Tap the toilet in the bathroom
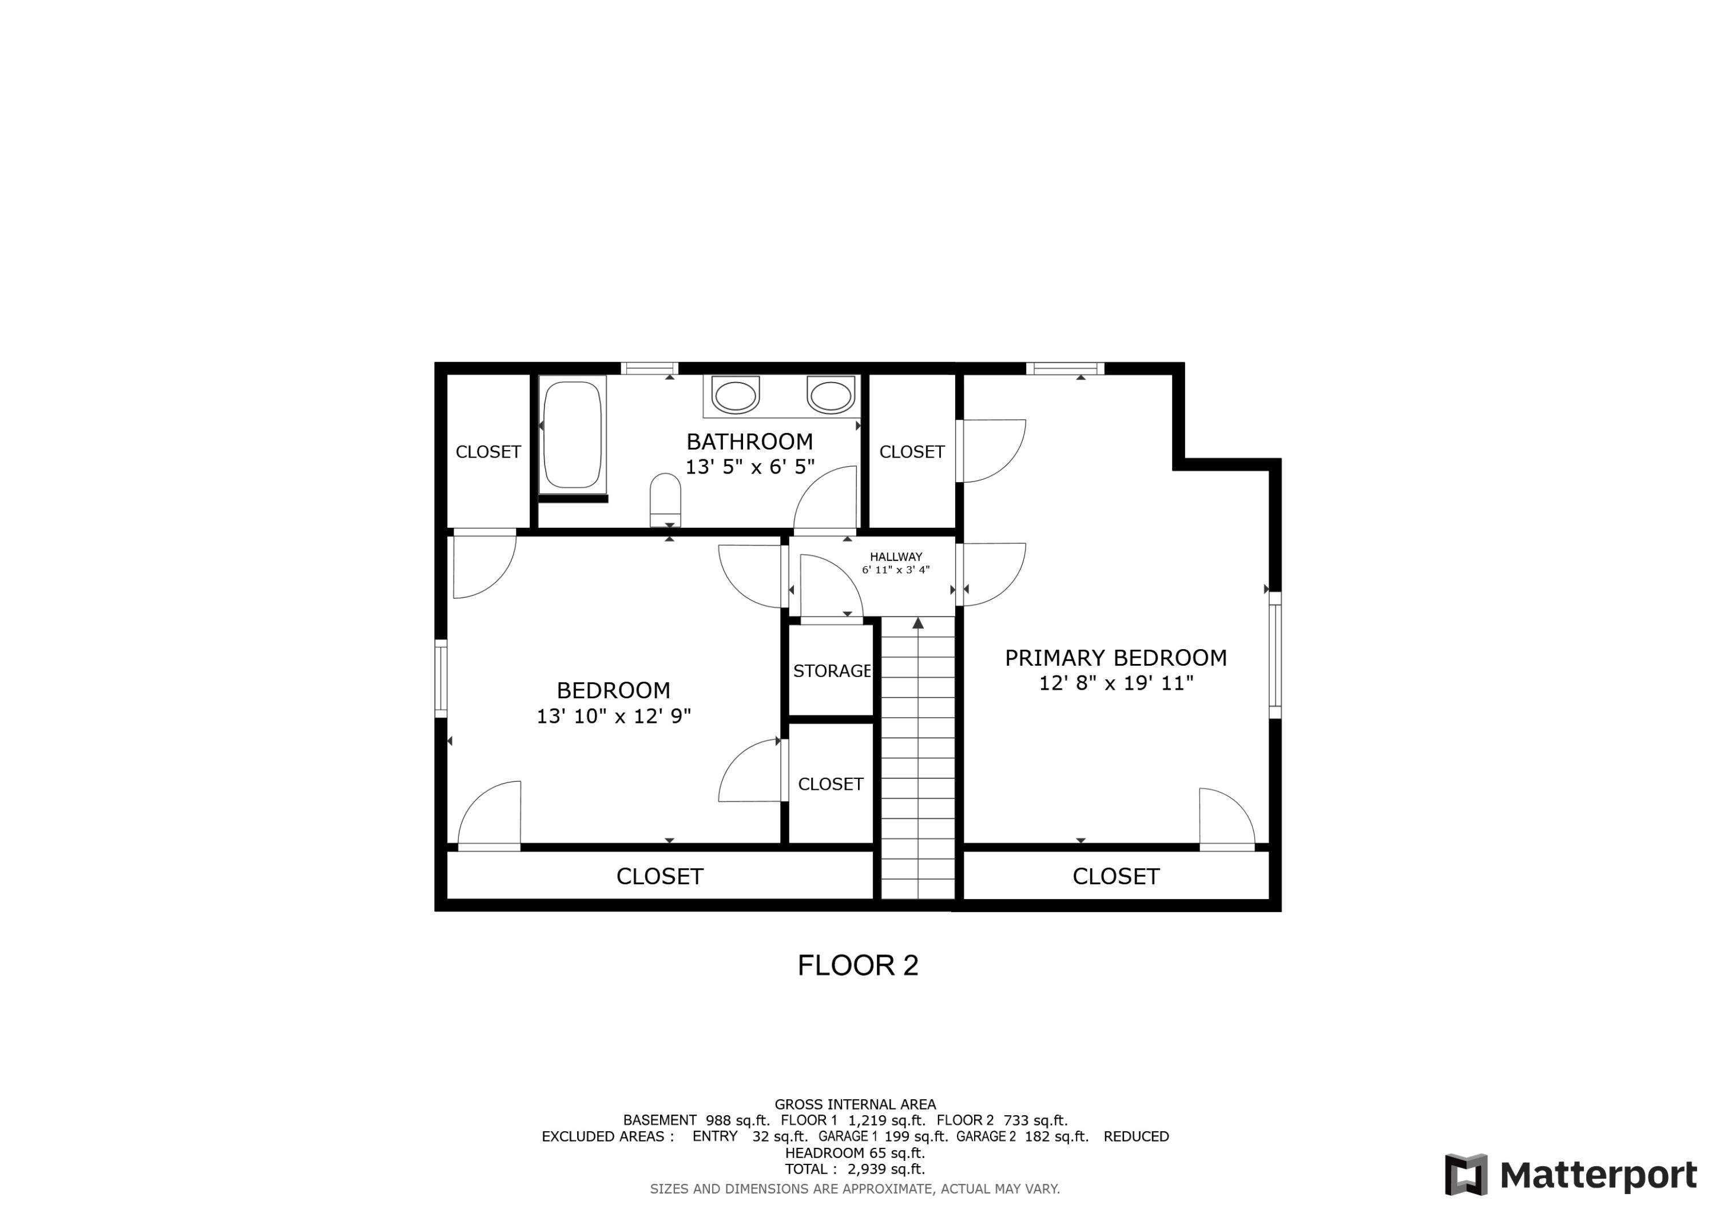click(x=665, y=500)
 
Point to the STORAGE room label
click(x=831, y=671)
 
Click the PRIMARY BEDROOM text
click(x=1115, y=658)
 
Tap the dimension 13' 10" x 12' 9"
click(x=614, y=716)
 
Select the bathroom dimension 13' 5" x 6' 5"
click(x=750, y=467)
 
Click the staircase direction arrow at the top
click(x=918, y=623)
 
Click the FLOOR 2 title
click(x=857, y=965)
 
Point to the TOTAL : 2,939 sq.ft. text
click(x=854, y=1169)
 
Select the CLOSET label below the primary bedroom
click(x=1115, y=877)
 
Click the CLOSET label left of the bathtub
click(x=488, y=452)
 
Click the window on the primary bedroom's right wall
click(x=1275, y=655)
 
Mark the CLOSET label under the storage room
click(x=831, y=784)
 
